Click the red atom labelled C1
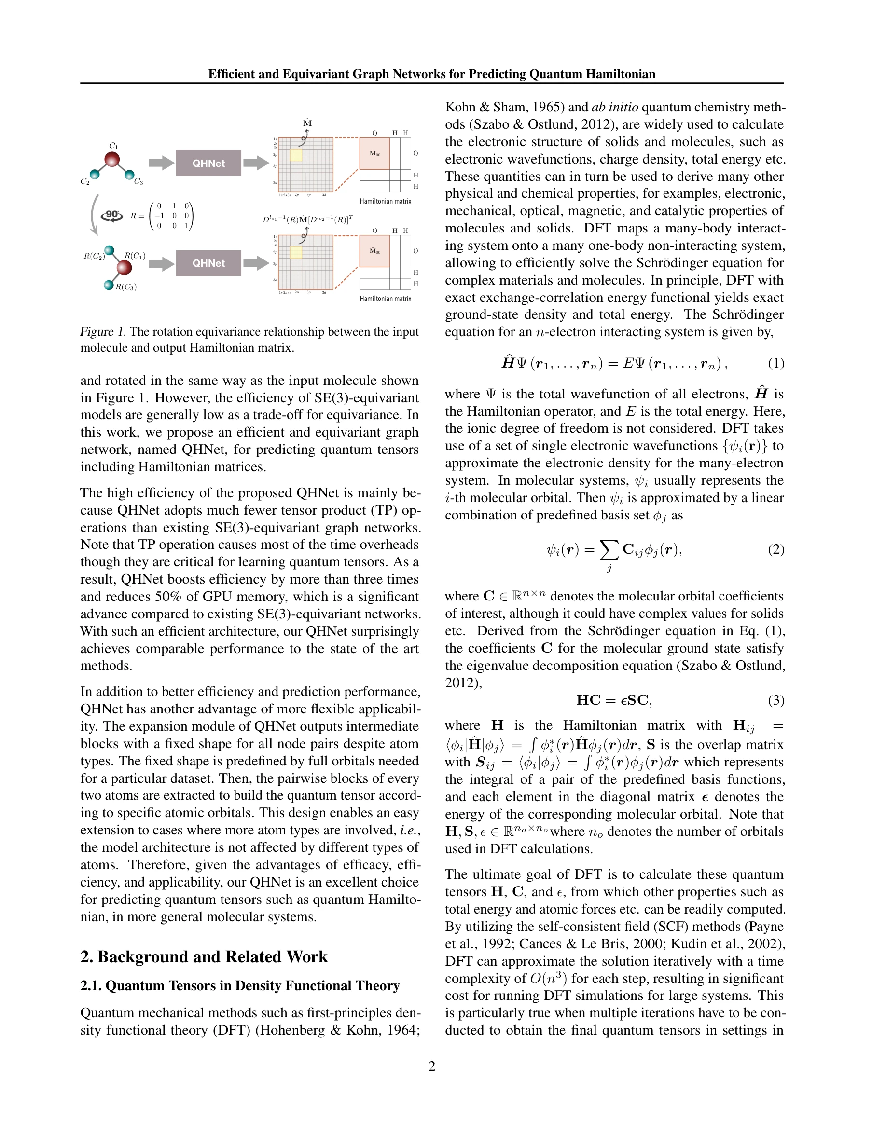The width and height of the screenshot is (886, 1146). tap(112, 160)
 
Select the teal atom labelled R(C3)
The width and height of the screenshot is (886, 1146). tap(109, 285)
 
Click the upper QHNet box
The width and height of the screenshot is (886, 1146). tap(208, 163)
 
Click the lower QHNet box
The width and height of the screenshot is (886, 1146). tap(208, 263)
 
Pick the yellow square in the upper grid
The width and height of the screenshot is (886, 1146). tap(296, 155)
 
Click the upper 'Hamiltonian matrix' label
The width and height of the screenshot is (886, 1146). tap(385, 201)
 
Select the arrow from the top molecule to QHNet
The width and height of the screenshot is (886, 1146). tap(161, 163)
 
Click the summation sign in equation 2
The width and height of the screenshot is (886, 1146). tap(609, 549)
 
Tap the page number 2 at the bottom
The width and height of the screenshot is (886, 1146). tap(432, 1066)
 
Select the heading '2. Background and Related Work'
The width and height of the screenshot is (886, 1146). tap(204, 956)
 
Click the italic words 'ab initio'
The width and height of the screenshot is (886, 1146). tap(615, 107)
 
